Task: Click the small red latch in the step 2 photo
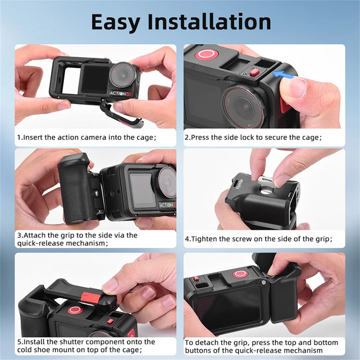(254, 73)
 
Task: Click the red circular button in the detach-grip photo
(239, 274)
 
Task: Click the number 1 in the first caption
(19, 138)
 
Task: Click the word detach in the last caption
(204, 343)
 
